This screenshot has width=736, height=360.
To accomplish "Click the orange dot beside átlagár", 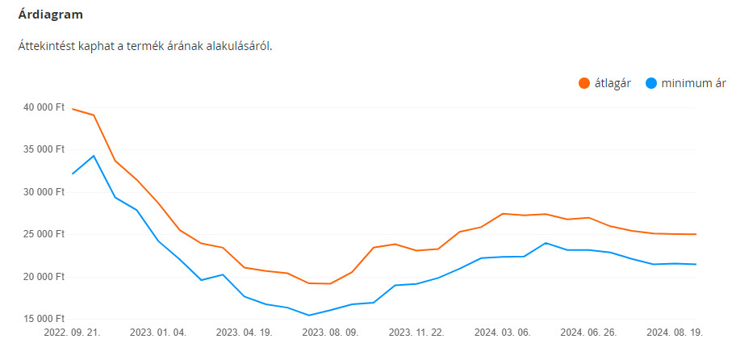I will (x=584, y=83).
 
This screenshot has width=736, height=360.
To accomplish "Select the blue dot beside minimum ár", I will (x=651, y=83).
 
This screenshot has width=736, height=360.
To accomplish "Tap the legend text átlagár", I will (x=614, y=83).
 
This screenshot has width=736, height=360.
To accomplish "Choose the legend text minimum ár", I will (x=693, y=83).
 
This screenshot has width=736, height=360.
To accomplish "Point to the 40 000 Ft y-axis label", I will (x=44, y=107).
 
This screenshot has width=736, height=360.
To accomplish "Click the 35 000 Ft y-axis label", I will (x=44, y=149).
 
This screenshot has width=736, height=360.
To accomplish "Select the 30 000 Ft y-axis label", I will (x=44, y=192).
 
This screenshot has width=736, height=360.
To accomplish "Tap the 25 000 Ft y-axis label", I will (x=44, y=234).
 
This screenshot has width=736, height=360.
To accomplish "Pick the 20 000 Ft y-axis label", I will (x=44, y=277).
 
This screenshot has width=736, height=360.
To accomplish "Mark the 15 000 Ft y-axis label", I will (x=44, y=319).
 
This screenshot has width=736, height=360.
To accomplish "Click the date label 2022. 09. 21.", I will (x=73, y=332).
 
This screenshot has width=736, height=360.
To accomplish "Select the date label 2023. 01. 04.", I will (x=158, y=332).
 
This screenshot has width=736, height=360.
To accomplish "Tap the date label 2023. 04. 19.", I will (x=245, y=332).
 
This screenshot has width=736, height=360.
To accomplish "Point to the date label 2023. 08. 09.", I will (x=331, y=332).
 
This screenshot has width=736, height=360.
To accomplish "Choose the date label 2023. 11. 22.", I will (x=416, y=332).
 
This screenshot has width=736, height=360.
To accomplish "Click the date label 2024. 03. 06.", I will (x=502, y=332).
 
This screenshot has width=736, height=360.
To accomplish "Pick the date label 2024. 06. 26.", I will (x=588, y=332).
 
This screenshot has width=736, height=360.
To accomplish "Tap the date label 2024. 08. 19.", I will (x=675, y=332).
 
